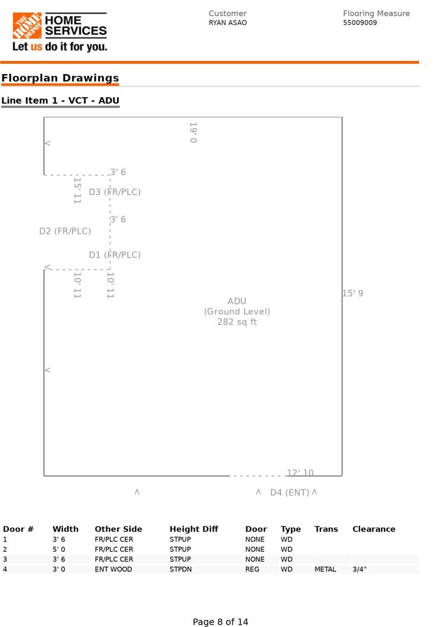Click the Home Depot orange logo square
tap(27, 26)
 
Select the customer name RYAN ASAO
tap(227, 23)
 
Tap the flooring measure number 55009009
tap(360, 23)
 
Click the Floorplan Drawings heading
tap(60, 78)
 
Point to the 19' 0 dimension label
tap(193, 133)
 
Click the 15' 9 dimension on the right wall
tap(353, 293)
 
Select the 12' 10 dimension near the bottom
tap(300, 473)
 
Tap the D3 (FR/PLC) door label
tap(115, 192)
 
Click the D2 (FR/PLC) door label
tap(65, 231)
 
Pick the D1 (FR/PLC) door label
tap(115, 255)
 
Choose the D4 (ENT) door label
tap(290, 492)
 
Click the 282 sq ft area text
tap(237, 322)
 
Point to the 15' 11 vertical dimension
tap(77, 191)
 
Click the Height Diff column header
tap(193, 529)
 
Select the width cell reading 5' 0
tap(61, 549)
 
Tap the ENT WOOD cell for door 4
tap(113, 570)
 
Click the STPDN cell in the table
tap(180, 570)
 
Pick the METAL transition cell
tap(325, 570)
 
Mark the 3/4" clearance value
tap(360, 570)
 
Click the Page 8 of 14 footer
tap(220, 622)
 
